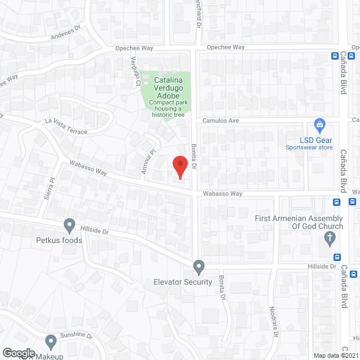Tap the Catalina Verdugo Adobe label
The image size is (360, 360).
167,88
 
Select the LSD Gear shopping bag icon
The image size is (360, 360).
319,124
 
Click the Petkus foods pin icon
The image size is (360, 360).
70,226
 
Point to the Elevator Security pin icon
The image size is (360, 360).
199,266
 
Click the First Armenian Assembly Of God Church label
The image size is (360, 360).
299,222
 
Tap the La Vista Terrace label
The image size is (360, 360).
67,128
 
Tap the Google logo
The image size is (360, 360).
19,353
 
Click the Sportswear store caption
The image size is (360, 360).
309,147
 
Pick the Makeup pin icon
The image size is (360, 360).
51,341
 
